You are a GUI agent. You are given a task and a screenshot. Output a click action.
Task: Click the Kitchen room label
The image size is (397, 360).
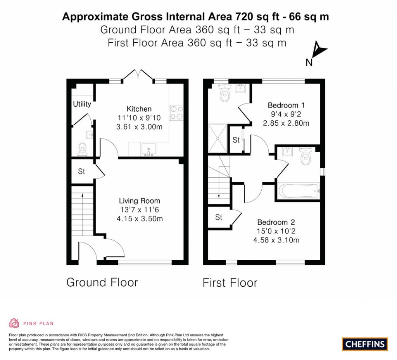[139, 109]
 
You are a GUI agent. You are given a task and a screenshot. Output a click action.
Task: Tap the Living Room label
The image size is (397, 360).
[139, 201]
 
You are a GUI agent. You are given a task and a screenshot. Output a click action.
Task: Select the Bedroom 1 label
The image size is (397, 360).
[283, 106]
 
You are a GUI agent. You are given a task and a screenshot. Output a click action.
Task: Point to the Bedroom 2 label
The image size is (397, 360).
[276, 222]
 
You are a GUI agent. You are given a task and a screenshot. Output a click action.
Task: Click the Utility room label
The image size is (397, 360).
[82, 104]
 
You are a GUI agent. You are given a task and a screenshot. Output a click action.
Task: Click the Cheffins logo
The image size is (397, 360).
[365, 344]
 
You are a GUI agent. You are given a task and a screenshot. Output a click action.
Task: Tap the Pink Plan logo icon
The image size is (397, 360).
[14, 323]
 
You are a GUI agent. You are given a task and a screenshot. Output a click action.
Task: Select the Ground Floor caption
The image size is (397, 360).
[102, 282]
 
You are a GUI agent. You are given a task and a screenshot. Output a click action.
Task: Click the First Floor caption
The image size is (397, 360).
[230, 283]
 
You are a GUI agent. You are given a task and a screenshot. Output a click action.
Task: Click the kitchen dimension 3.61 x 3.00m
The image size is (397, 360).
[139, 126]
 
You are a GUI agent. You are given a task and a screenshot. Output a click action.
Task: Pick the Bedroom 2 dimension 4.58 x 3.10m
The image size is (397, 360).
[276, 240]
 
